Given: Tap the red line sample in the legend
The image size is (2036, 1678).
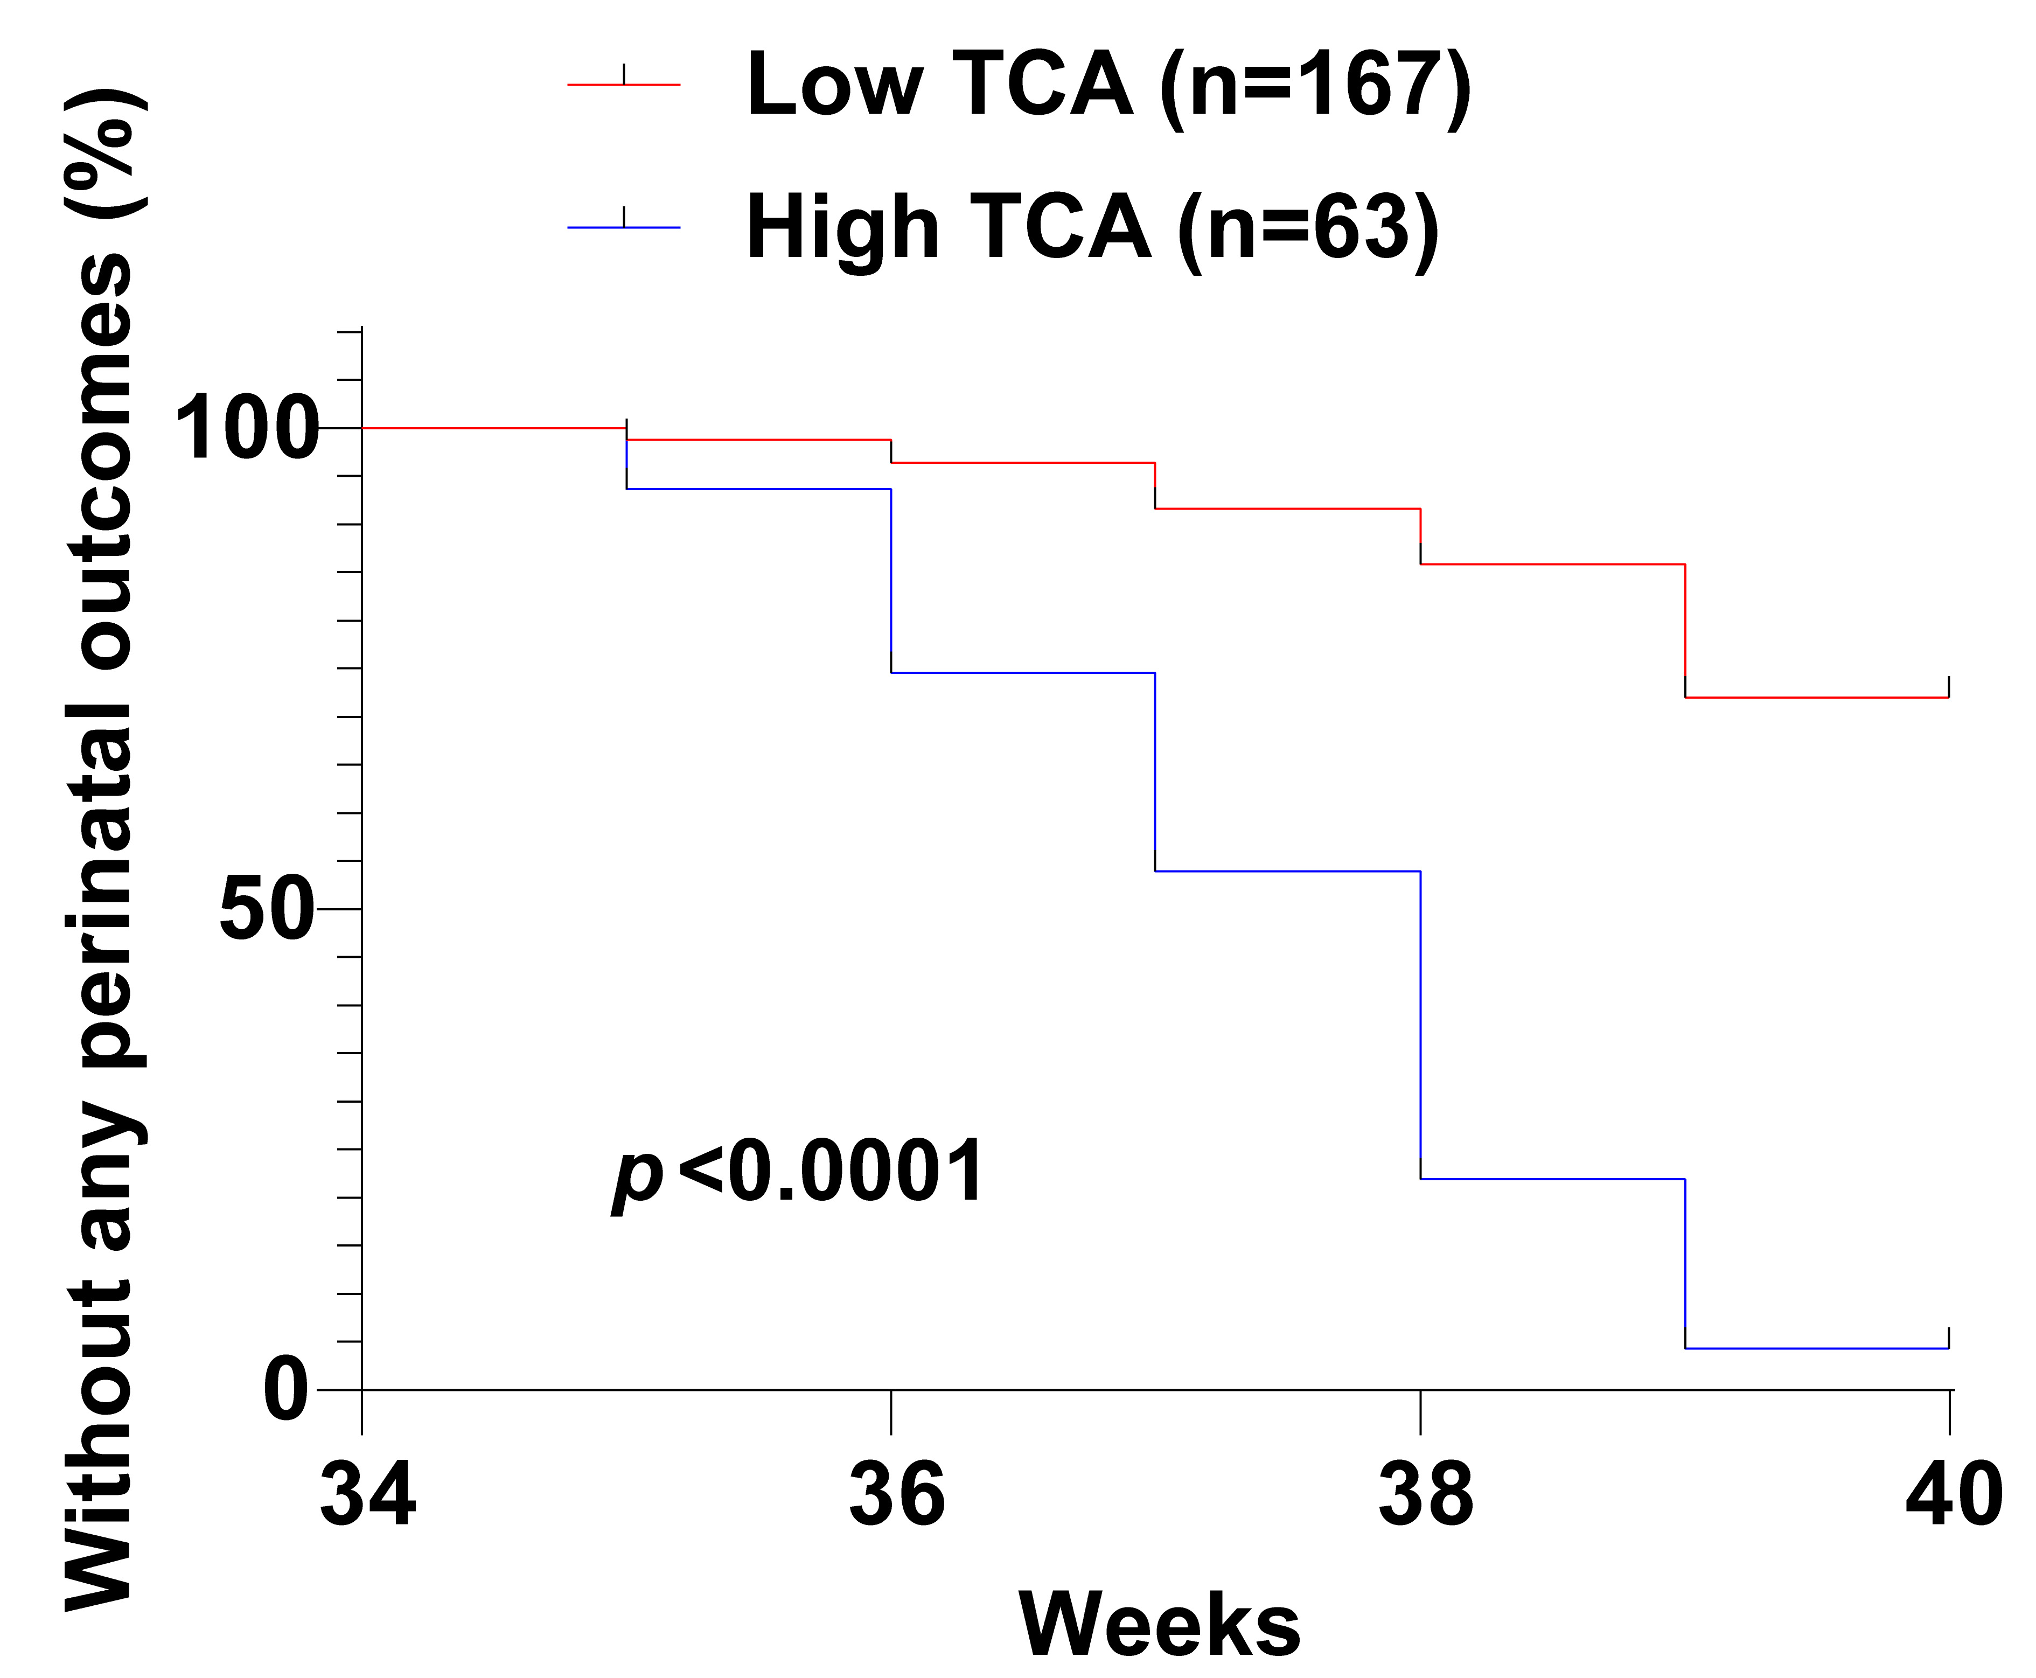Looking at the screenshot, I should click(623, 85).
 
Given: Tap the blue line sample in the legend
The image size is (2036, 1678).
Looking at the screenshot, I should click(623, 227).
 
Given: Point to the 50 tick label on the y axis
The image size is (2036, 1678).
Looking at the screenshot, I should click(268, 909).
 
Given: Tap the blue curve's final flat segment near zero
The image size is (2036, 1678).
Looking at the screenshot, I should click(1817, 1347).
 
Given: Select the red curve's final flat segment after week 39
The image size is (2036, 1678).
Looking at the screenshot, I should click(1817, 697).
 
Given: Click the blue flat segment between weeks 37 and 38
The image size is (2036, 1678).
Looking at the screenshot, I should click(1287, 871).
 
